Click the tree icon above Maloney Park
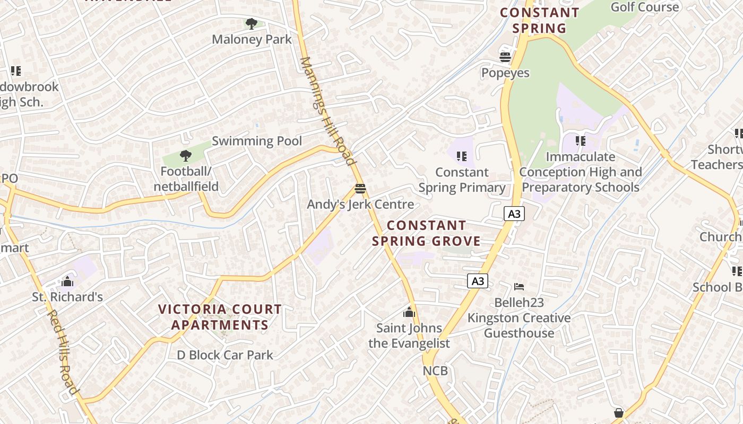point(252,23)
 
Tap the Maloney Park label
point(252,39)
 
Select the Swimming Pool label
point(257,141)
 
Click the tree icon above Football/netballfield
point(185,156)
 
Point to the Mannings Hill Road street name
point(326,111)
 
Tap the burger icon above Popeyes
point(505,57)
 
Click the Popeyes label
point(505,73)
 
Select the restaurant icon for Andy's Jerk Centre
point(360,189)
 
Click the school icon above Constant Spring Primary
point(462,156)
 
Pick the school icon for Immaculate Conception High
point(581,141)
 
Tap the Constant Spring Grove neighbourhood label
point(426,233)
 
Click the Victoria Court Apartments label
point(220,317)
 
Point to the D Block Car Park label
point(225,355)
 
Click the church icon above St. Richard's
point(67,281)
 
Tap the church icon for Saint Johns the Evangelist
point(409,313)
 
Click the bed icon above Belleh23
point(519,287)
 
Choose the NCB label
point(435,371)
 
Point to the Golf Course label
point(645,7)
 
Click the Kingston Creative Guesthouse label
point(519,325)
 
